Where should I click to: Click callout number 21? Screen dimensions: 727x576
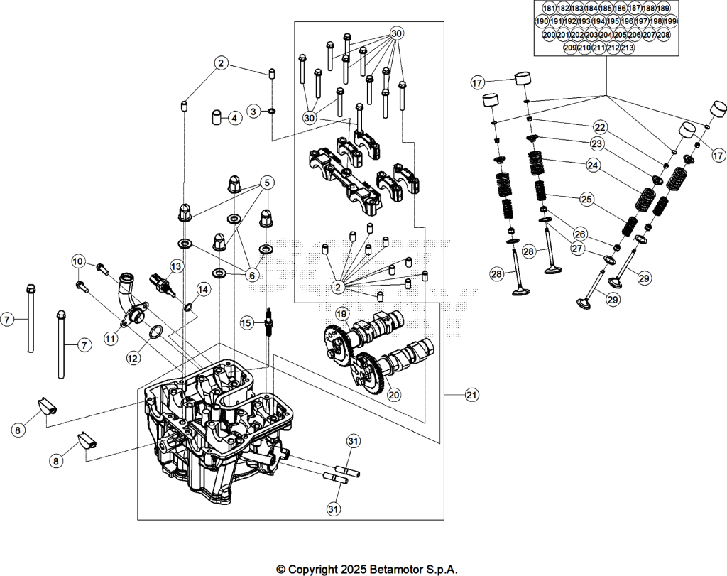click(471, 395)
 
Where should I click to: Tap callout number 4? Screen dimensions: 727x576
click(234, 119)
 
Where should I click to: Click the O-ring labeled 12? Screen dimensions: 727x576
click(156, 332)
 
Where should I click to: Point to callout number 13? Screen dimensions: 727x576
click(176, 266)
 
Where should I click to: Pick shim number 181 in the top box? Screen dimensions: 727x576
click(549, 9)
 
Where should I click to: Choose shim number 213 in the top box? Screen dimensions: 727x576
click(628, 48)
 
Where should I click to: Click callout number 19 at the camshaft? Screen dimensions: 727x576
click(341, 315)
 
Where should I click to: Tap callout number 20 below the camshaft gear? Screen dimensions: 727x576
click(394, 395)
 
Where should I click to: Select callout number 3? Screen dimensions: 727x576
click(253, 112)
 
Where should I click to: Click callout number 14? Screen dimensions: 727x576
click(203, 289)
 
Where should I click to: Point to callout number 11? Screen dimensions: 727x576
click(110, 339)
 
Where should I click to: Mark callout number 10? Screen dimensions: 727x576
click(78, 261)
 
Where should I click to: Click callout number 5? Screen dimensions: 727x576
click(267, 183)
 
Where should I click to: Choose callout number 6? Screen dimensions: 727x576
click(252, 276)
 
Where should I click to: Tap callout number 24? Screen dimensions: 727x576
click(592, 165)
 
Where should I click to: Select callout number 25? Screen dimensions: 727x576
click(586, 200)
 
